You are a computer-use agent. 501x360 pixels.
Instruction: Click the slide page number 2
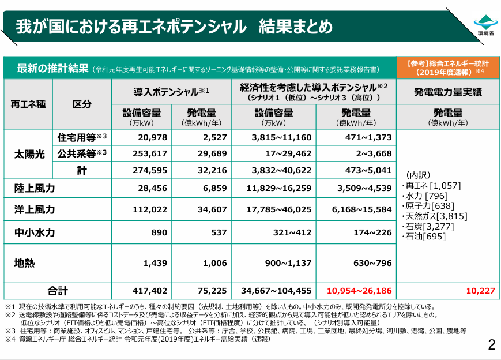pos(491,345)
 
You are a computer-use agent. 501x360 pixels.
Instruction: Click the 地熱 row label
pos(24,262)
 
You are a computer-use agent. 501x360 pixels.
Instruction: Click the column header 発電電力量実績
pos(447,92)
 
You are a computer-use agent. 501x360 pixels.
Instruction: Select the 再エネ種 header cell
pos(28,104)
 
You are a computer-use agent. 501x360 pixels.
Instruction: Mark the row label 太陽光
pos(28,154)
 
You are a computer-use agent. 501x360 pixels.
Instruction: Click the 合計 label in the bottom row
pos(58,291)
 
